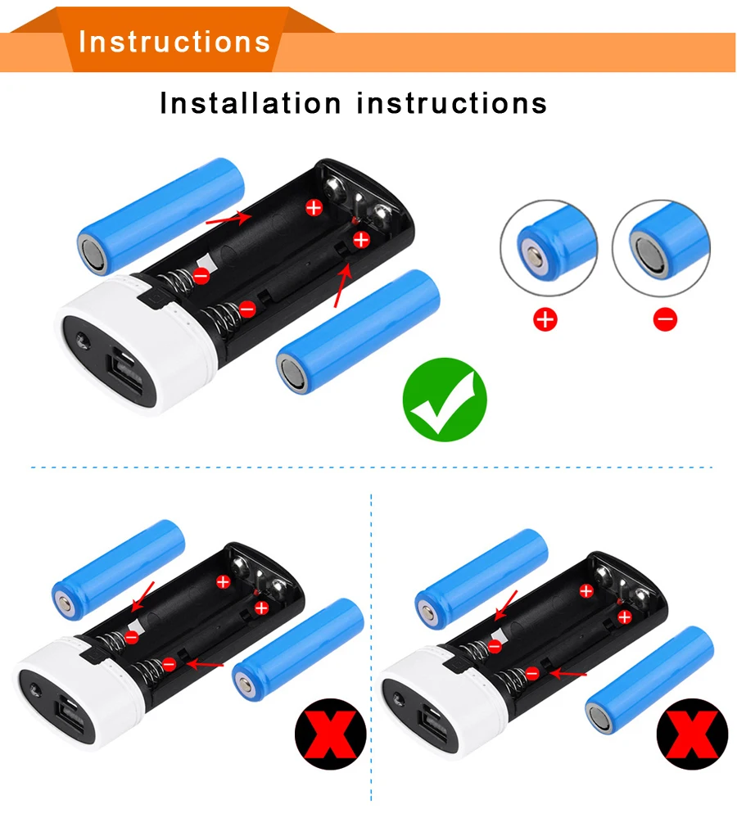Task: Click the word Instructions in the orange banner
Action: (174, 41)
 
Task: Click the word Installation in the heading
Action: (250, 104)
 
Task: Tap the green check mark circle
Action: (445, 400)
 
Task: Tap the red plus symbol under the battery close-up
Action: (545, 319)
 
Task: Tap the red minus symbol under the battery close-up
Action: (665, 319)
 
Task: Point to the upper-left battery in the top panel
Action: (161, 215)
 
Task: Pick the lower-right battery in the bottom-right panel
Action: (649, 678)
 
